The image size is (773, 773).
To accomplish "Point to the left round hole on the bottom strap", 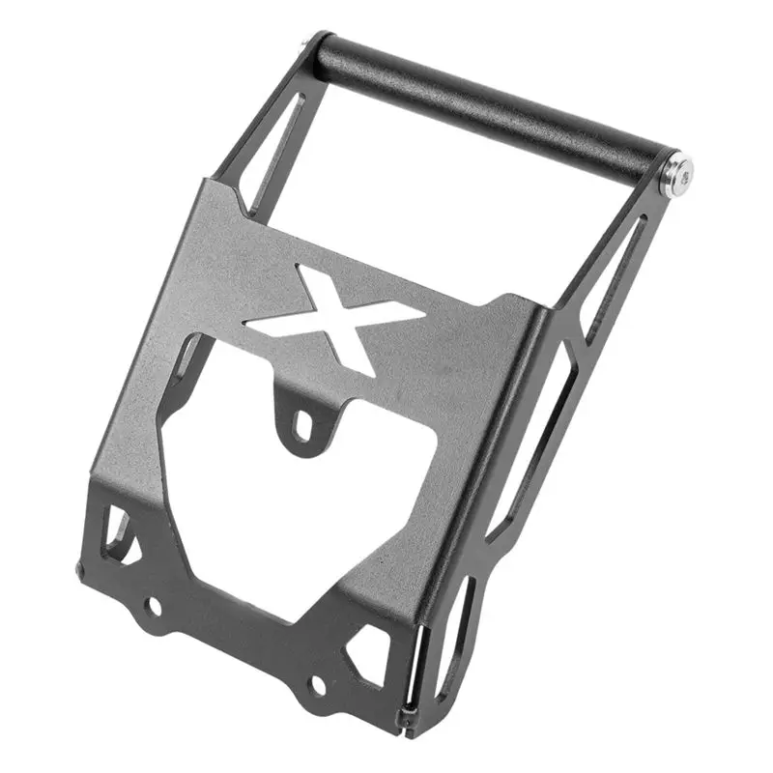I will point(154,606).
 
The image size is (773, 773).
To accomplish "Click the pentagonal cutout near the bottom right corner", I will point(371,644).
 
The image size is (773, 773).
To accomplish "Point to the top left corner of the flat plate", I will point(209,184).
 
